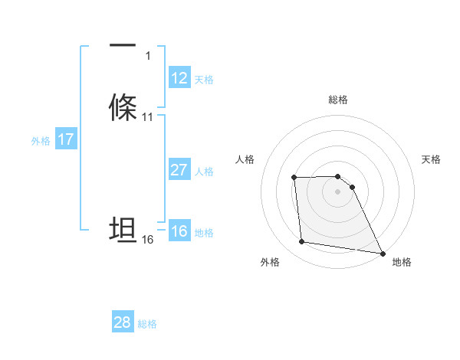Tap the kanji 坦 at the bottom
pyautogui.click(x=123, y=231)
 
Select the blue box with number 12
pyautogui.click(x=179, y=78)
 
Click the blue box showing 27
pyautogui.click(x=179, y=170)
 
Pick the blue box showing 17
pyautogui.click(x=66, y=139)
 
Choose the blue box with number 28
pyautogui.click(x=123, y=322)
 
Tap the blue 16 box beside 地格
pyautogui.click(x=179, y=231)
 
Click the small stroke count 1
pyautogui.click(x=147, y=56)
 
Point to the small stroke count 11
pyautogui.click(x=148, y=117)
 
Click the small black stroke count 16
pyautogui.click(x=148, y=240)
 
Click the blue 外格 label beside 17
pyautogui.click(x=41, y=140)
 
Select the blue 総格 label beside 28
pyautogui.click(x=147, y=324)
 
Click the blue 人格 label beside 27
pyautogui.click(x=204, y=171)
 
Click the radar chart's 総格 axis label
pyautogui.click(x=338, y=100)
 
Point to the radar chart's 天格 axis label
pyautogui.click(x=432, y=159)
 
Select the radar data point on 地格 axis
pyautogui.click(x=383, y=253)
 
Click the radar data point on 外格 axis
pyautogui.click(x=302, y=242)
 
